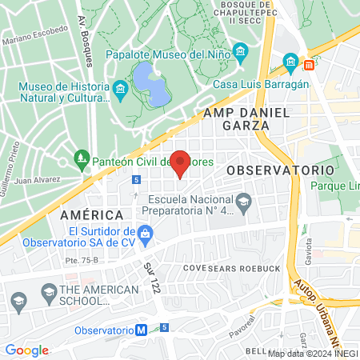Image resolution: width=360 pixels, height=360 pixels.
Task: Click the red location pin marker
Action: (181, 162)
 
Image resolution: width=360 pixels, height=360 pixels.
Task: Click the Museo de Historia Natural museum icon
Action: (121, 87)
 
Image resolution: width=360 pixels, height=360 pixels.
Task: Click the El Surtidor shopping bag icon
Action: (145, 234)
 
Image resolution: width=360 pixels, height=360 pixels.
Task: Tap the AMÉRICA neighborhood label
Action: (91, 215)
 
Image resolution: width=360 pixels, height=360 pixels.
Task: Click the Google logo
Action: (26, 350)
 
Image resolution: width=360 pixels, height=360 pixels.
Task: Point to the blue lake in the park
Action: (150, 86)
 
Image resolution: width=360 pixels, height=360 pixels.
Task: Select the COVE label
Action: (195, 267)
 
